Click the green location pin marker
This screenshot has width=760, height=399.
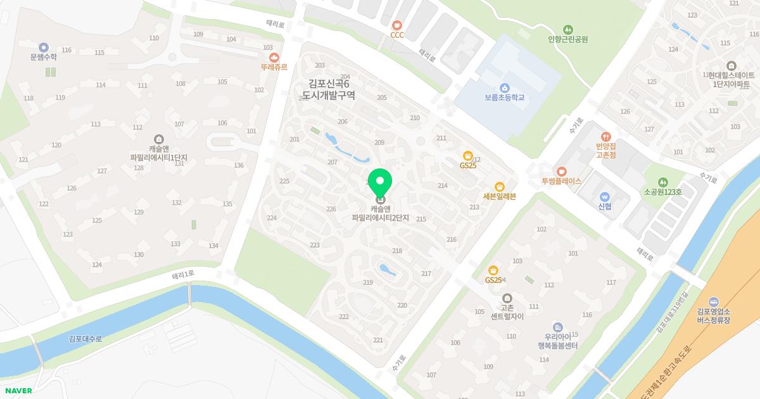(x=380, y=183)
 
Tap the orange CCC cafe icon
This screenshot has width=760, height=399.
(x=397, y=25)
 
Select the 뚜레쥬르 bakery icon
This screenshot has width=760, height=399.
(x=274, y=57)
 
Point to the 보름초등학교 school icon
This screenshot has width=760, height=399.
(x=505, y=87)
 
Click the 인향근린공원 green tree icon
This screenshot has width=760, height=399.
(x=568, y=29)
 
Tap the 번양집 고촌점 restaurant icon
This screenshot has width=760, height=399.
(x=606, y=136)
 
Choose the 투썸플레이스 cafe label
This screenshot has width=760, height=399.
(x=561, y=181)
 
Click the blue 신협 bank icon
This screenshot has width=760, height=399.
(x=604, y=196)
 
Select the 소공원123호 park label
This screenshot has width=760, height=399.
(x=662, y=192)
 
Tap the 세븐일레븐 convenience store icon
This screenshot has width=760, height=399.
(x=500, y=186)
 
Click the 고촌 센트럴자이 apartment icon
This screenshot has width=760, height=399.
(x=507, y=298)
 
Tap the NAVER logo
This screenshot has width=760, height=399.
(x=18, y=391)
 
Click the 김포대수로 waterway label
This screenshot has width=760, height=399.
(x=85, y=339)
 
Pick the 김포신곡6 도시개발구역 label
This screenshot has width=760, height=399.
(x=328, y=89)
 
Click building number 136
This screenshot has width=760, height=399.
(x=239, y=166)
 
